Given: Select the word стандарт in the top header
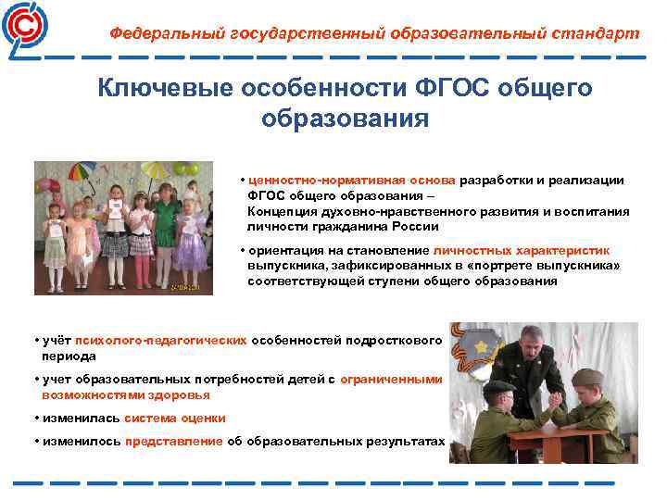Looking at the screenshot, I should tap(597, 33).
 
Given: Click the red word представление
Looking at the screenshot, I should tap(174, 442).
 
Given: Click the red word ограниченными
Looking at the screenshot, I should tap(391, 380).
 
